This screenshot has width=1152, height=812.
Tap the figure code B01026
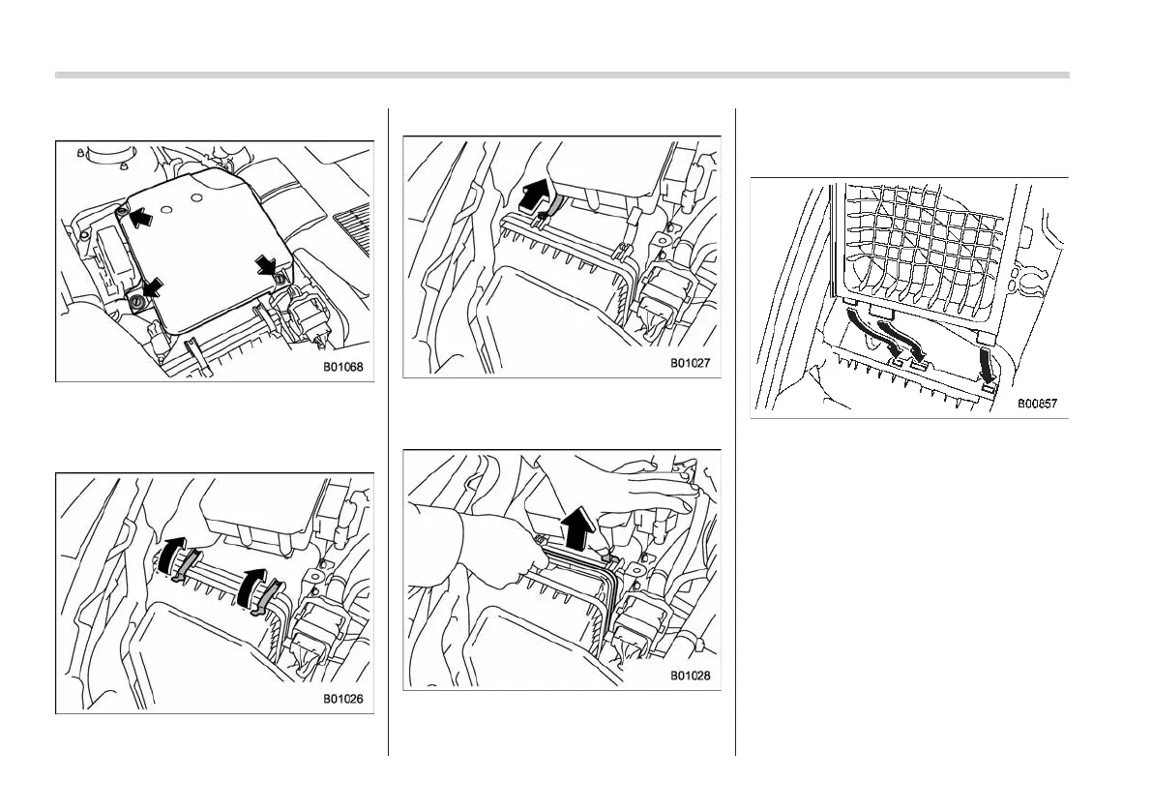[343, 699]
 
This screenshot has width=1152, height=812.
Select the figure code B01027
[691, 364]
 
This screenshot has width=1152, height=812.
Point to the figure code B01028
[691, 676]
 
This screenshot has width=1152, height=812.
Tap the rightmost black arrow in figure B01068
[267, 265]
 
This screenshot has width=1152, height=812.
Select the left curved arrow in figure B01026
[171, 553]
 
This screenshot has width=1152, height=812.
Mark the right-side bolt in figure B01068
[280, 279]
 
